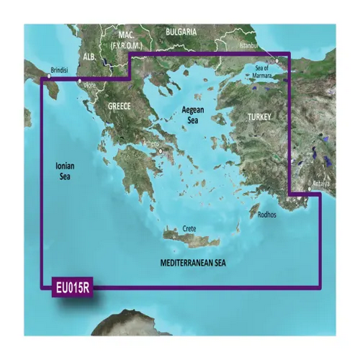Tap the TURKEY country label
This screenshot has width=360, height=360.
259,117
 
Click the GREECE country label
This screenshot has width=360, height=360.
119,106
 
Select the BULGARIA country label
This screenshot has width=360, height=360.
180,32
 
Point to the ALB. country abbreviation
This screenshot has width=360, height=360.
89,56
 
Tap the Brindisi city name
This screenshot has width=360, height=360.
59,70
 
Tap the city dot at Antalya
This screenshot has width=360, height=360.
309,189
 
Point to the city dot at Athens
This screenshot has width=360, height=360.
161,152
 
